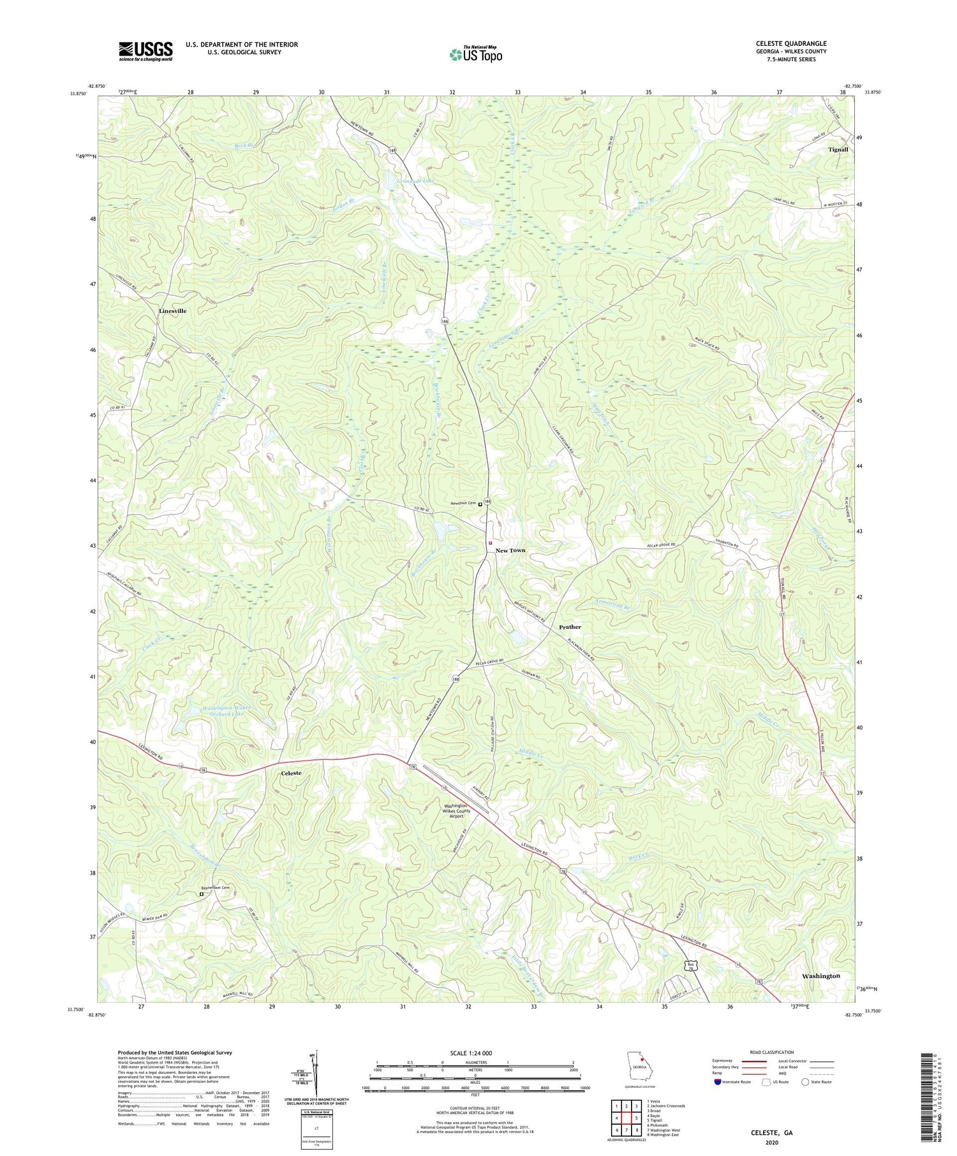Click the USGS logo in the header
(x=145, y=51)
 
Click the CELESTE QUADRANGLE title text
(x=790, y=43)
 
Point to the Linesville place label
(x=172, y=311)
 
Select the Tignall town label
(x=838, y=149)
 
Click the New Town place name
(x=510, y=550)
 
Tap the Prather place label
(x=570, y=627)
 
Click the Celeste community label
(x=291, y=773)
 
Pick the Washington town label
(x=820, y=976)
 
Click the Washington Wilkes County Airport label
(x=456, y=810)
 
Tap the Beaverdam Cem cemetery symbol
(x=202, y=894)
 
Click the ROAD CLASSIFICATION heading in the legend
(x=772, y=1052)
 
